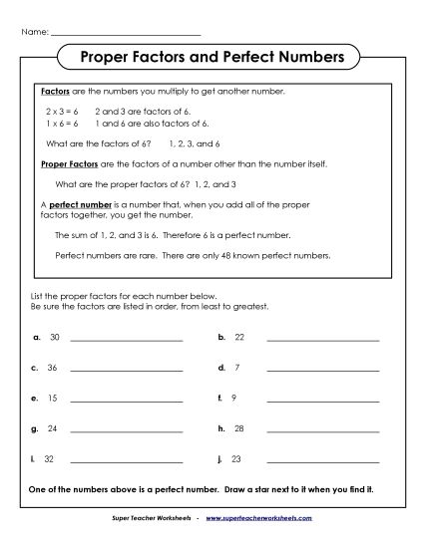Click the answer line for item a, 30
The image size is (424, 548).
[x=127, y=341]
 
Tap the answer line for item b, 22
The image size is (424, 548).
[x=323, y=341]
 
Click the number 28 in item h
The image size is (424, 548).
[x=238, y=429]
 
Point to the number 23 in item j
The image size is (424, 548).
[x=238, y=459]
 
